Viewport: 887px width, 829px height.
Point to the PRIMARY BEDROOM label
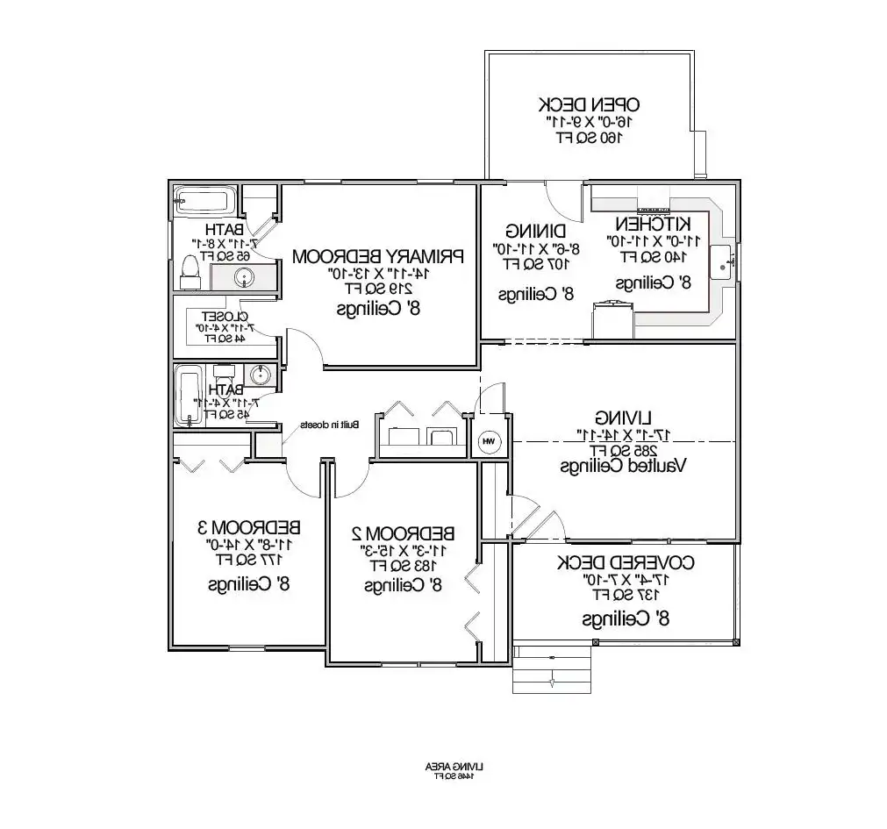click(377, 256)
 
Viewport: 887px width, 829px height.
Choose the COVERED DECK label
click(626, 562)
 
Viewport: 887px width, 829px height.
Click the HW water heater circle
click(489, 441)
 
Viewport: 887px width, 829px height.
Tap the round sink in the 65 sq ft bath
click(244, 278)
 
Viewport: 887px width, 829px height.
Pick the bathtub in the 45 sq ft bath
click(190, 397)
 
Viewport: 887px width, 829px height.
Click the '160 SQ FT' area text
click(588, 137)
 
